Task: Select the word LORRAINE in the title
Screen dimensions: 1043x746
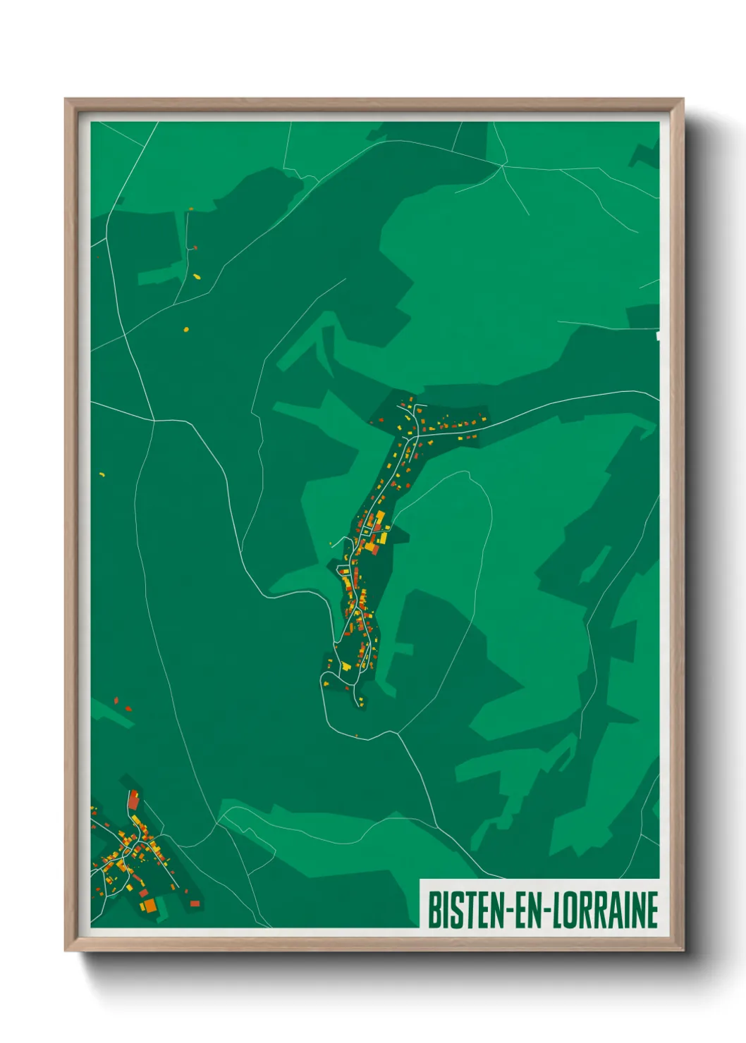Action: coord(604,911)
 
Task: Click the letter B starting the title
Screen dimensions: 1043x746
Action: coord(434,911)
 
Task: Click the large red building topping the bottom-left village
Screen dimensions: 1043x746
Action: coord(133,800)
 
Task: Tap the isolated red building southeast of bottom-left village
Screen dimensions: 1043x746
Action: coord(195,903)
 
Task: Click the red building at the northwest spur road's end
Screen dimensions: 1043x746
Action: coord(195,247)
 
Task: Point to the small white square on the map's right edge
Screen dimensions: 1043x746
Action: coord(659,336)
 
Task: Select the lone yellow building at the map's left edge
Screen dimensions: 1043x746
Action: coord(102,474)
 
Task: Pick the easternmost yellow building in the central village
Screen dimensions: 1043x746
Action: coord(473,437)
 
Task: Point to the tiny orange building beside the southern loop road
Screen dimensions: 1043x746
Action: coord(357,736)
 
